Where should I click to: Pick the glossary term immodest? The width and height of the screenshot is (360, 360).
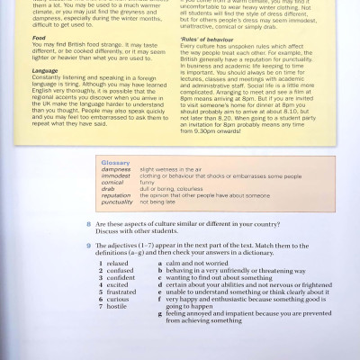[x=116, y=175]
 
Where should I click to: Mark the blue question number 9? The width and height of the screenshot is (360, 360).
[x=88, y=246]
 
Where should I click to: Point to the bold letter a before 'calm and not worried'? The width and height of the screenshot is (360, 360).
[x=158, y=263]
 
